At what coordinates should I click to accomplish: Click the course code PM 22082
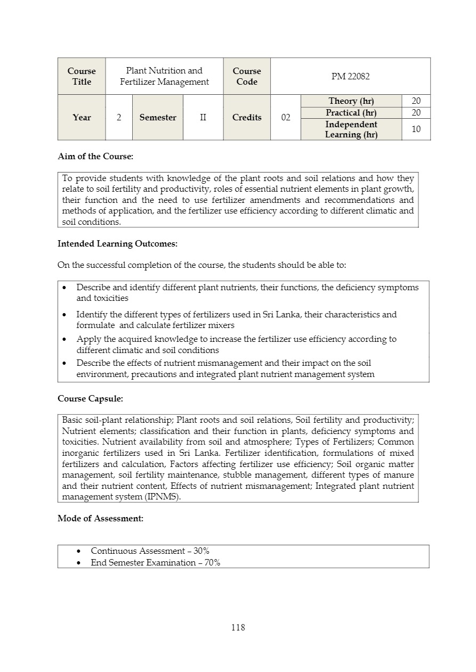pos(350,76)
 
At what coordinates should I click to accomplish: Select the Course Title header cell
pos(82,76)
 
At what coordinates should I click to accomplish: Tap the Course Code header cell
pos(247,76)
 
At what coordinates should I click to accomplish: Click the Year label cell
pos(82,118)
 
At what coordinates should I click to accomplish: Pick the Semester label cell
pos(158,118)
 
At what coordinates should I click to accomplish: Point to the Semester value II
pos(203,118)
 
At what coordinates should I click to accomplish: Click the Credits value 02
pos(286,118)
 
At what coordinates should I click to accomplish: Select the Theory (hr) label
pos(351,101)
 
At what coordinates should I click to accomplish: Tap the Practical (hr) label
pos(351,113)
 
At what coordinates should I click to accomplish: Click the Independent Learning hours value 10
pos(416,129)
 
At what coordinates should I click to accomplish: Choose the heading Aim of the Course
pos(95,157)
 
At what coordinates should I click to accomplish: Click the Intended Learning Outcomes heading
pos(117,244)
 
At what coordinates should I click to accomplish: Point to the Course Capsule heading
pos(90,398)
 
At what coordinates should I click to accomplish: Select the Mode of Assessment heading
pos(100,518)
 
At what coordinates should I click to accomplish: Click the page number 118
pos(238,627)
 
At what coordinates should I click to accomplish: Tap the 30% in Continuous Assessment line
pos(201,551)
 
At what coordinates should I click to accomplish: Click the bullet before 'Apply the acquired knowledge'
pos(64,339)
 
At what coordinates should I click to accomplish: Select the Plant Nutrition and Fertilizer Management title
pos(164,76)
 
